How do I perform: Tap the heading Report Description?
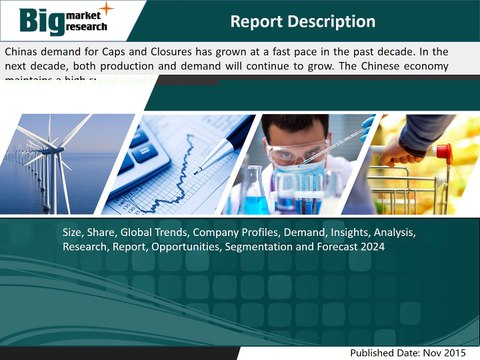pos(302,21)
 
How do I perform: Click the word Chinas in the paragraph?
pos(26,50)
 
